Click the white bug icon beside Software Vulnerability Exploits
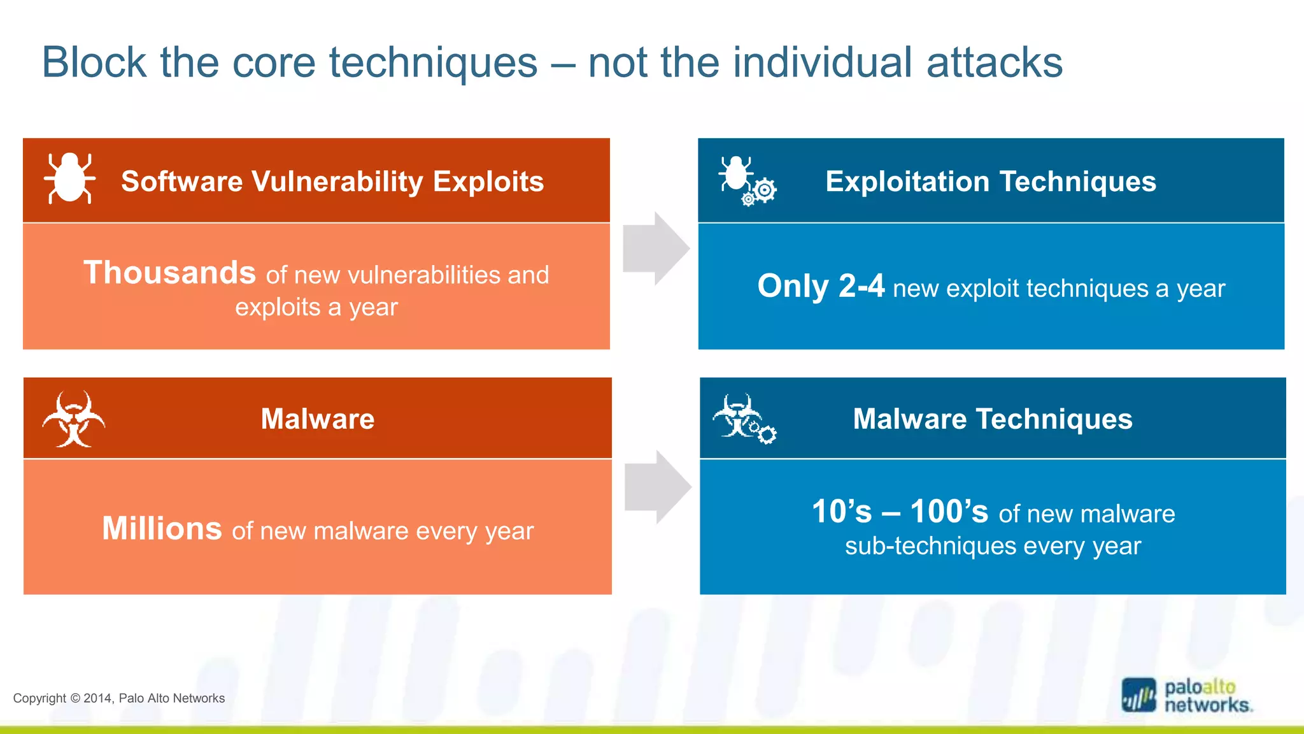[x=70, y=178]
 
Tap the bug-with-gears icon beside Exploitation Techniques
[x=746, y=180]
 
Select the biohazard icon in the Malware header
[x=74, y=419]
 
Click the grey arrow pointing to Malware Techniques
[x=658, y=487]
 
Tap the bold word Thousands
[x=169, y=273]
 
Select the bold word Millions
[x=162, y=529]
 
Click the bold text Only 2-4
[x=820, y=286]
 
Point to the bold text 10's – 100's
[x=900, y=512]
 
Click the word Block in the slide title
[x=94, y=63]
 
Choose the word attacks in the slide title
[x=994, y=63]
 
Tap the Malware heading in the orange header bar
[x=317, y=419]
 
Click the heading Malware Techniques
[x=992, y=419]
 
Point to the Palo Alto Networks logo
[x=1187, y=696]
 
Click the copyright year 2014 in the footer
[x=97, y=698]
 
